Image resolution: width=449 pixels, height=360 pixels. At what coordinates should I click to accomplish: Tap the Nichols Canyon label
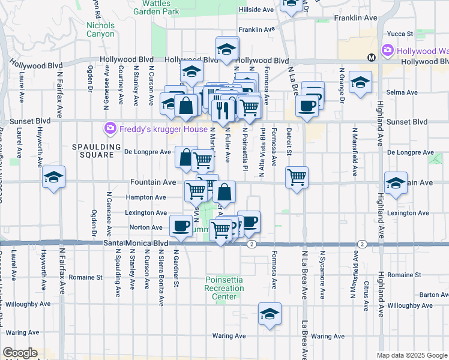pyautogui.click(x=100, y=29)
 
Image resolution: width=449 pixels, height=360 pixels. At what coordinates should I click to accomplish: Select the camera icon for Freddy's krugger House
pyautogui.click(x=110, y=128)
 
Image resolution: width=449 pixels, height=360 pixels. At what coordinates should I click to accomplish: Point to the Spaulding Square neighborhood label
pyautogui.click(x=93, y=151)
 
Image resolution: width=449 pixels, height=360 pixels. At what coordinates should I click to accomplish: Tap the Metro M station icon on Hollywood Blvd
pyautogui.click(x=371, y=58)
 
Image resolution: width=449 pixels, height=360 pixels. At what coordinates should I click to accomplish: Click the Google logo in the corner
pyautogui.click(x=20, y=353)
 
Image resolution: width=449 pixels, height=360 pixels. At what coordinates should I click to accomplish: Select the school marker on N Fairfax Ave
pyautogui.click(x=53, y=177)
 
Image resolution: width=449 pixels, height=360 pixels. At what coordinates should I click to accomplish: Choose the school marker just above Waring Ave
pyautogui.click(x=270, y=314)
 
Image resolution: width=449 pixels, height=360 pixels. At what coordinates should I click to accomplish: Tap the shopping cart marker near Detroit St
pyautogui.click(x=297, y=178)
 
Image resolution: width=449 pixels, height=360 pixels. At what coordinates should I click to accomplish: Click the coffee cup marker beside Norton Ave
pyautogui.click(x=180, y=226)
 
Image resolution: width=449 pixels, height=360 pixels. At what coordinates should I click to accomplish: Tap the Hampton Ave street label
pyautogui.click(x=146, y=197)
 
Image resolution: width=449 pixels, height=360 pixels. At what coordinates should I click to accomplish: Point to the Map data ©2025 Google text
pyautogui.click(x=412, y=355)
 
